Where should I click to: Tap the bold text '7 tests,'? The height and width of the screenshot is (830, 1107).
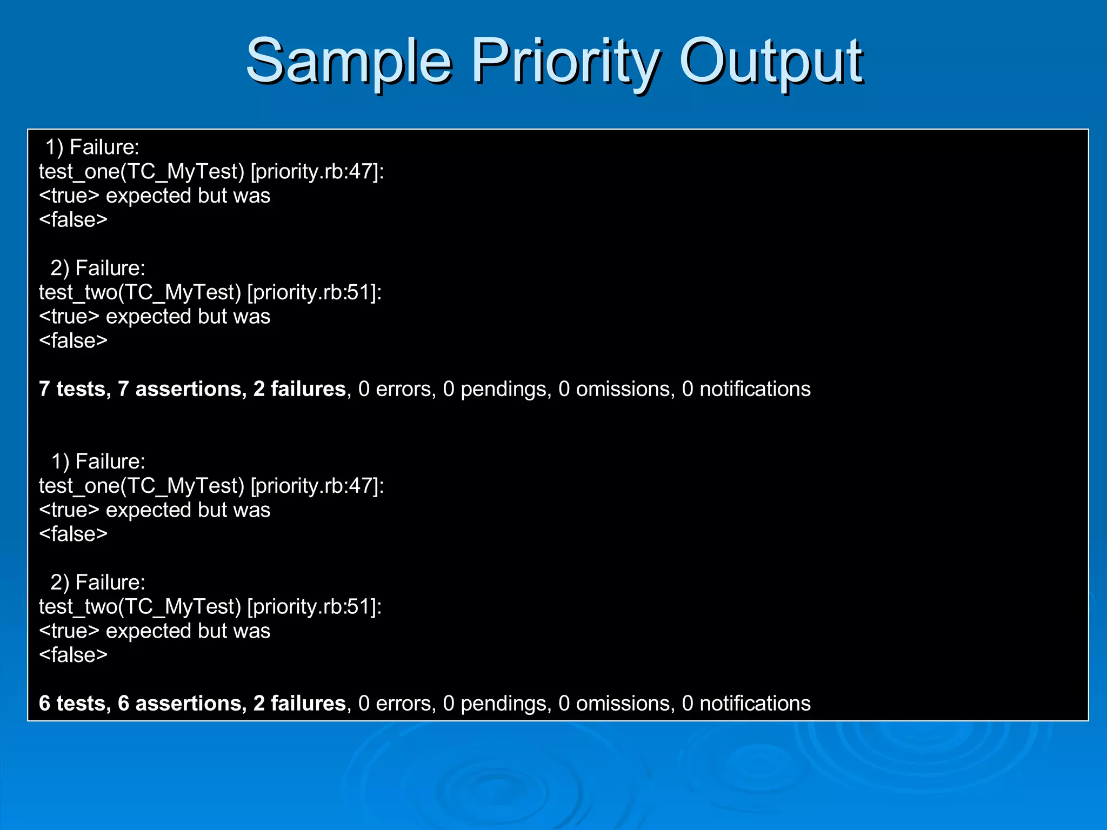(75, 389)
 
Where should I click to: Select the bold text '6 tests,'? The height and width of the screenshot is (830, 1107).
(75, 704)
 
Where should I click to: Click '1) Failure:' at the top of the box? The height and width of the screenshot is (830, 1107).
(92, 148)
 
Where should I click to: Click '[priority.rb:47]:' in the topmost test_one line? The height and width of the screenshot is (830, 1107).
(317, 172)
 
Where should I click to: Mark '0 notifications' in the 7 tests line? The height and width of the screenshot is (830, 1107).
(746, 389)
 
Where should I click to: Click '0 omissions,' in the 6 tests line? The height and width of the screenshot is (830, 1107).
(616, 704)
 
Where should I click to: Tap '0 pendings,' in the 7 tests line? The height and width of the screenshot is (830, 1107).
(497, 389)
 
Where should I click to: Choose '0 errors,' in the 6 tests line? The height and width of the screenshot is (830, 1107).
(397, 704)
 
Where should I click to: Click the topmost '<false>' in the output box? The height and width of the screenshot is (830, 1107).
(74, 220)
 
